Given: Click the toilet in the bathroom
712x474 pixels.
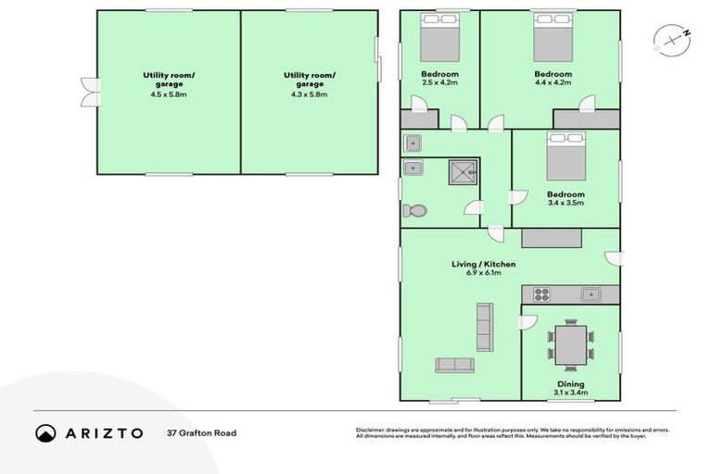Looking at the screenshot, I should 414,211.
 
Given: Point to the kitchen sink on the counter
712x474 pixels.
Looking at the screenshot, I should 591,294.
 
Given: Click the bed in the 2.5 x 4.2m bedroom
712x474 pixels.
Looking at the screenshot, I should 439,41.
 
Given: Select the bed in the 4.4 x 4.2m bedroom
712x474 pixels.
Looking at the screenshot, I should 553,41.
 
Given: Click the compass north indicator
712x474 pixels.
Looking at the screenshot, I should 686,34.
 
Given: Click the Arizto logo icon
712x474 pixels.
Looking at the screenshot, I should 45,433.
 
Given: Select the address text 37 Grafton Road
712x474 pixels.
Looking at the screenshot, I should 201,433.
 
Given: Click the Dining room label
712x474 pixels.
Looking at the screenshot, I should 570,383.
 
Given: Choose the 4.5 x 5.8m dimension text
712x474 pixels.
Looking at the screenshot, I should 169,94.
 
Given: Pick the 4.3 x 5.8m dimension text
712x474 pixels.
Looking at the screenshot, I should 310,94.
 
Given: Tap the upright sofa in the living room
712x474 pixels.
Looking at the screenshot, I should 484,324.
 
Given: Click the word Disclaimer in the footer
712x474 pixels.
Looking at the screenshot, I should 371,430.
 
